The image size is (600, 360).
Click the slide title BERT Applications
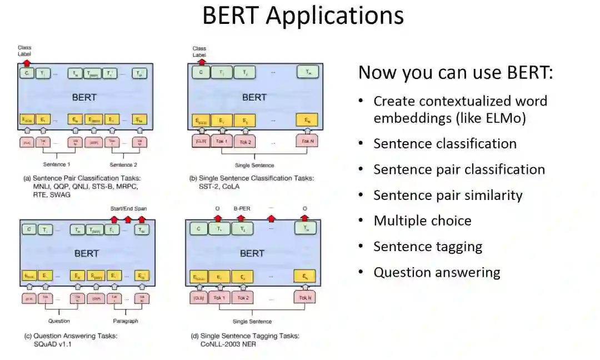pyautogui.click(x=303, y=16)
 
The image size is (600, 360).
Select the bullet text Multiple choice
pyautogui.click(x=422, y=221)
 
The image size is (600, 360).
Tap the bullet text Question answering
pyautogui.click(x=437, y=272)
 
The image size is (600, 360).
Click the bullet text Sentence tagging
pyautogui.click(x=428, y=246)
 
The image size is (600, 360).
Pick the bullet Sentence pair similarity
pyautogui.click(x=448, y=195)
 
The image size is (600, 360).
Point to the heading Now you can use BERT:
pyautogui.click(x=456, y=73)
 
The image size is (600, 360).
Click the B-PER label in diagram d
pyautogui.click(x=243, y=209)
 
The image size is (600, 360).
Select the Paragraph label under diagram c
pyautogui.click(x=126, y=321)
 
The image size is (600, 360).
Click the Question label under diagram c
pyautogui.click(x=58, y=321)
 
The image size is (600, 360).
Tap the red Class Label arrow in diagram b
pyautogui.click(x=201, y=62)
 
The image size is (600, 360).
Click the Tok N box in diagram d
pyautogui.click(x=306, y=298)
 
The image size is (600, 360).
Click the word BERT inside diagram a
pyautogui.click(x=84, y=97)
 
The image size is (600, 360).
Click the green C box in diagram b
pyautogui.click(x=201, y=73)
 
